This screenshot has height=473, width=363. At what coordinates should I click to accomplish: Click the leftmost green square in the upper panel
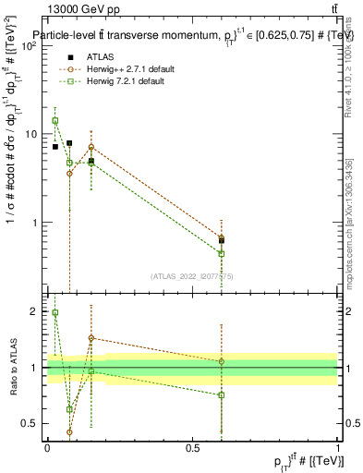(55, 121)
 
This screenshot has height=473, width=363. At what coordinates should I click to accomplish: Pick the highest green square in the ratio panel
(55, 313)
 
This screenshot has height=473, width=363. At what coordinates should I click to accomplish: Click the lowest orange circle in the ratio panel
(69, 431)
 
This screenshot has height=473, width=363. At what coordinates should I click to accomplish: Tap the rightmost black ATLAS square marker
(222, 240)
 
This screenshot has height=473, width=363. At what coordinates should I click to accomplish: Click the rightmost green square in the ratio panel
(222, 395)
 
